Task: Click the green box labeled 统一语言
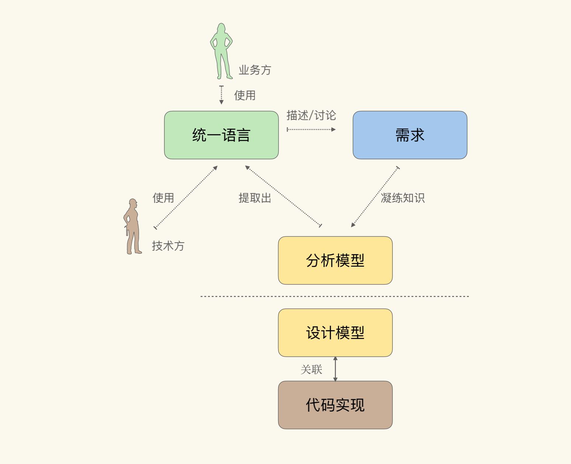(221, 135)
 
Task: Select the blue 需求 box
(410, 135)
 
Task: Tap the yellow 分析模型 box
(335, 260)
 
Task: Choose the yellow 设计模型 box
(335, 333)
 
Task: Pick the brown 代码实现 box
(335, 405)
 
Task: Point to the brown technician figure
(132, 227)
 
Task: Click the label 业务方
(255, 70)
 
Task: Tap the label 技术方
(168, 246)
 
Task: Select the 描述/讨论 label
(311, 115)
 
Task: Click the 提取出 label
(255, 198)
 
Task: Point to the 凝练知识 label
(403, 198)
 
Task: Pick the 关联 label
(311, 369)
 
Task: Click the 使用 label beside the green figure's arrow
(245, 96)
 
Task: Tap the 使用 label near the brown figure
(163, 198)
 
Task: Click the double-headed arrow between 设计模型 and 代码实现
(335, 369)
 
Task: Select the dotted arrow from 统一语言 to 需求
(311, 129)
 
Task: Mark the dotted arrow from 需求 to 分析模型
(375, 197)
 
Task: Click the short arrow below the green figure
(221, 95)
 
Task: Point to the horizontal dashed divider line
(335, 296)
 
